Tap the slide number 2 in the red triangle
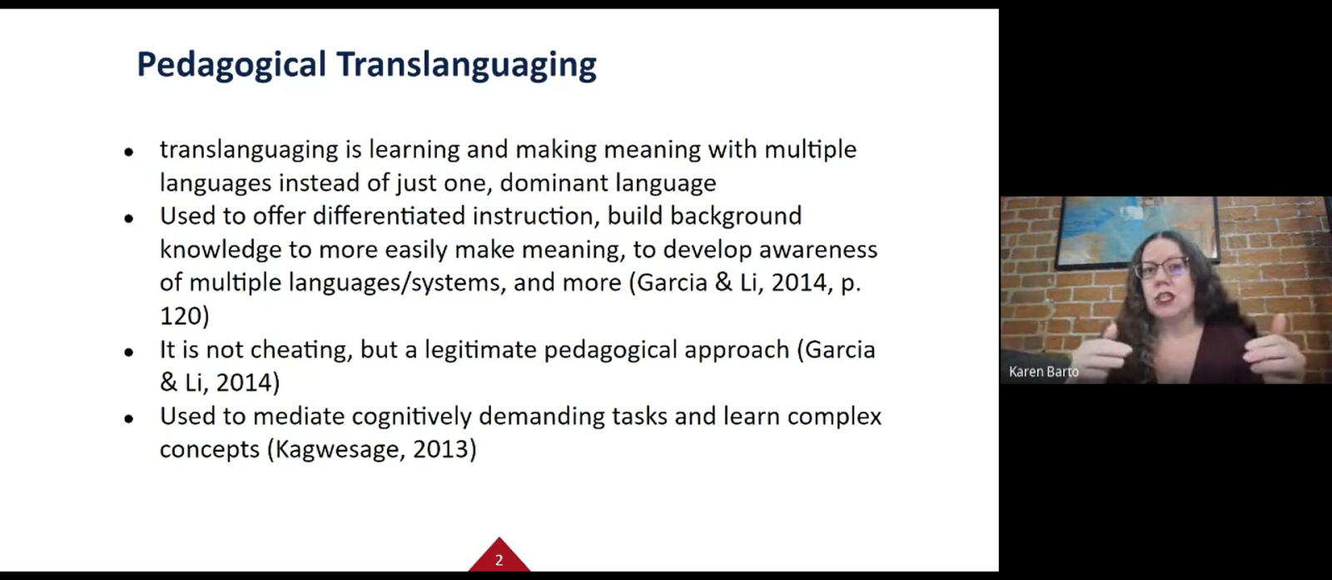pyautogui.click(x=499, y=560)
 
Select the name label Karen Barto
pyautogui.click(x=1044, y=372)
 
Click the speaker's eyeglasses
pyautogui.click(x=1162, y=268)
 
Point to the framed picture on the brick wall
pyautogui.click(x=1136, y=229)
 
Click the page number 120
pyautogui.click(x=181, y=316)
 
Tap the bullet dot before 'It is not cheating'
pyautogui.click(x=129, y=352)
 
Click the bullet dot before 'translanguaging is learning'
pyautogui.click(x=129, y=152)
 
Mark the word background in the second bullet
pyautogui.click(x=736, y=217)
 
